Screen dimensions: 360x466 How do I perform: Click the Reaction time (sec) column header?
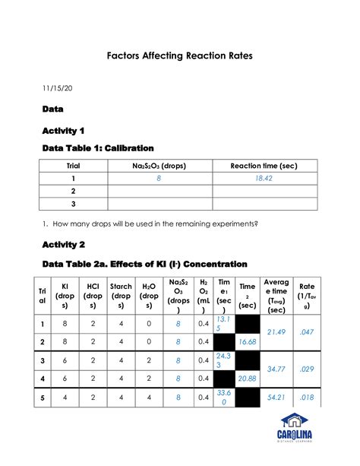click(x=264, y=165)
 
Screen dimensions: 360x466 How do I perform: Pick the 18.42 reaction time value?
click(x=264, y=178)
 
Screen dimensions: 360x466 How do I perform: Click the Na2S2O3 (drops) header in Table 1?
click(x=159, y=165)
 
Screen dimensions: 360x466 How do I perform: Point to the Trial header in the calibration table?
click(x=73, y=165)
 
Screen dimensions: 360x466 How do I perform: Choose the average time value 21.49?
click(x=276, y=332)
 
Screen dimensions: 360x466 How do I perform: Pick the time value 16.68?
click(x=248, y=342)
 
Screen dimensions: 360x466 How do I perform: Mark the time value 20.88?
click(x=248, y=378)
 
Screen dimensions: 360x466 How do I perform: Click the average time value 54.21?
click(x=276, y=397)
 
